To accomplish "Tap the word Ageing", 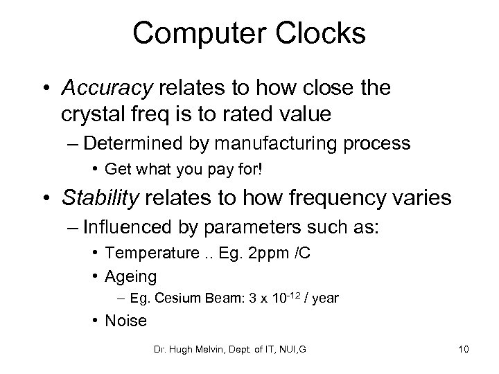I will pos(130,276).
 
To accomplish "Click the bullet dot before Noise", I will pos(95,321).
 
